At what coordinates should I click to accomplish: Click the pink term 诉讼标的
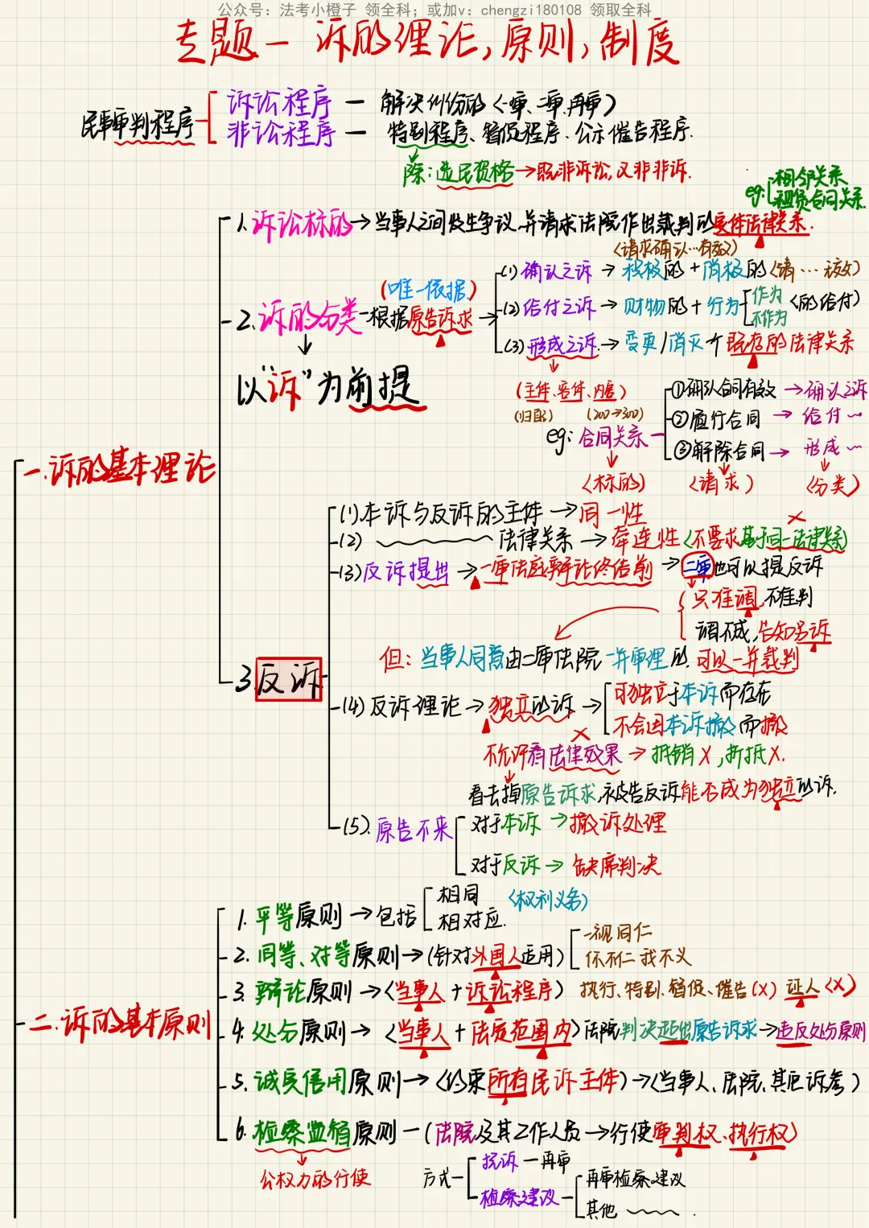303,225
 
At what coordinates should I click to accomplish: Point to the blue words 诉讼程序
279,103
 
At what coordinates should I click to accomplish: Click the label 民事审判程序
138,125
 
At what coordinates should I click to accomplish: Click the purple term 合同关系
612,437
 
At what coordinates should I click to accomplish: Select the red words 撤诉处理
618,822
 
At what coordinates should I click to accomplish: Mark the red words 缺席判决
616,866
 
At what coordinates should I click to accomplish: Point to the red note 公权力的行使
314,1179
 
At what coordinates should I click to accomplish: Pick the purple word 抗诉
500,1161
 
